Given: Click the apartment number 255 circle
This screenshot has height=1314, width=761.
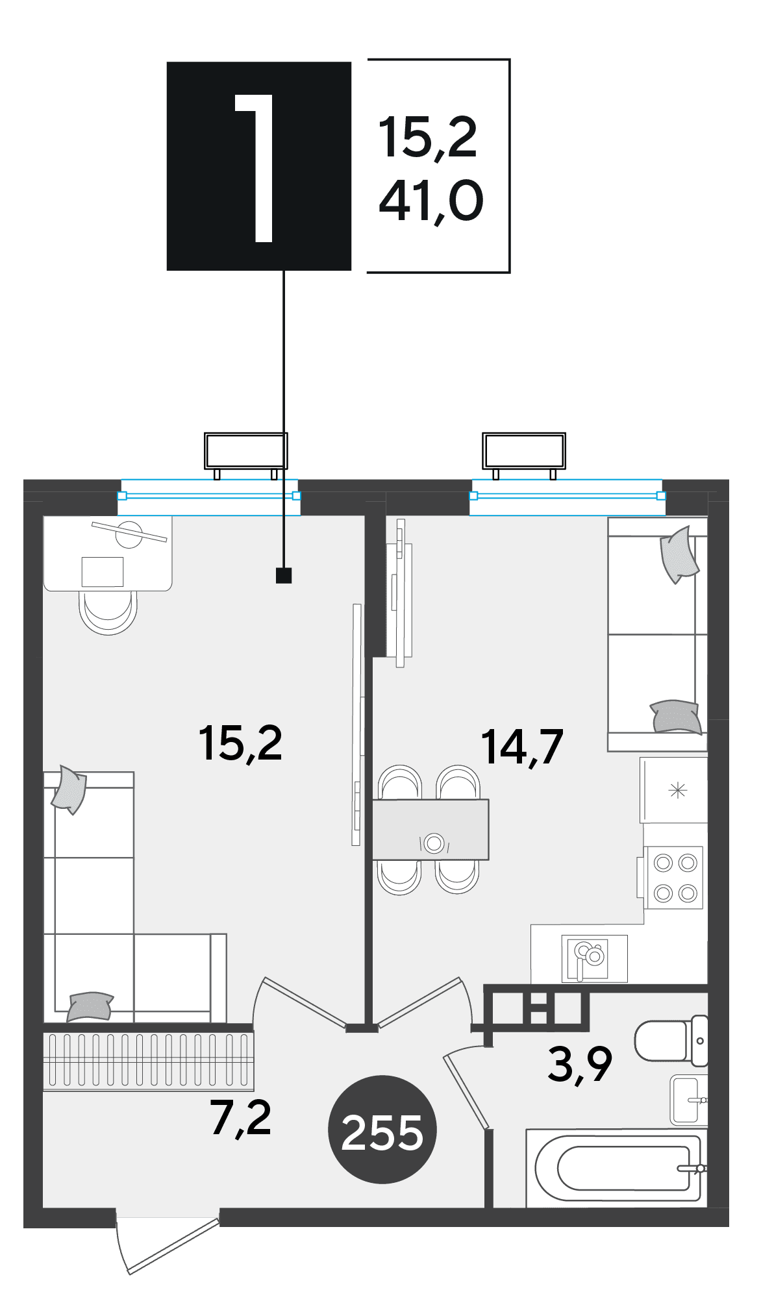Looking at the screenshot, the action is coord(382,1129).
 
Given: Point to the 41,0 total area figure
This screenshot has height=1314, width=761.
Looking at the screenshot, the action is coord(431,201).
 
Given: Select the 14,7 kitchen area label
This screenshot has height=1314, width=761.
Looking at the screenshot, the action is coord(522,747).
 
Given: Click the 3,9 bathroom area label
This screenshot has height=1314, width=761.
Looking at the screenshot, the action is coord(580,1065).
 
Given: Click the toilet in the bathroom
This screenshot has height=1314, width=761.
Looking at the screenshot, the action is coord(671,1041).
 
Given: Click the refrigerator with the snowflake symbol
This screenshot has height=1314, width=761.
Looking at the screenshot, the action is coord(674,790).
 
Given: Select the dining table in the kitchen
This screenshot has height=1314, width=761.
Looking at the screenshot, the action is coord(430,829).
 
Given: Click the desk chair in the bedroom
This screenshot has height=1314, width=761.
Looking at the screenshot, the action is coord(108,612).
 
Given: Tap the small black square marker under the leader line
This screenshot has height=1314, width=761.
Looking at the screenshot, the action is coord(284,575).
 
